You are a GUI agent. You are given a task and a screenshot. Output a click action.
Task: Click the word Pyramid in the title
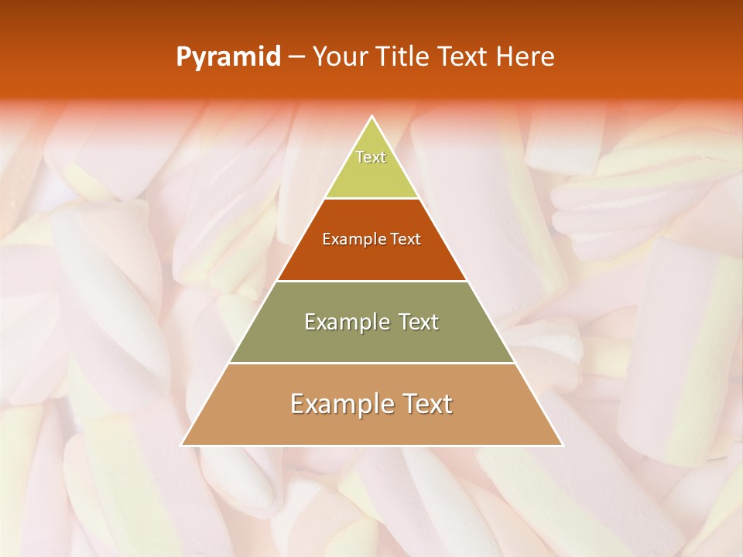(228, 57)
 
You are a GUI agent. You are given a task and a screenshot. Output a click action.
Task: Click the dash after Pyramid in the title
(296, 57)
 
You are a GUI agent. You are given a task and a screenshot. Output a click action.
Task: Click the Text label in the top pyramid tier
(371, 157)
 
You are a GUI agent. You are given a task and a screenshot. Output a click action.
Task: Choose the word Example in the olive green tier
(344, 323)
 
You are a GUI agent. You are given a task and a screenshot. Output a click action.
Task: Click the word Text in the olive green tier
(419, 323)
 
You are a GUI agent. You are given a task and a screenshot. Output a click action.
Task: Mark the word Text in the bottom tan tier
(427, 405)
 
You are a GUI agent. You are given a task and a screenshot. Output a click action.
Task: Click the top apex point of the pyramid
(372, 117)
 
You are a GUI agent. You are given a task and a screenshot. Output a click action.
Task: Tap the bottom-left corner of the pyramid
(182, 446)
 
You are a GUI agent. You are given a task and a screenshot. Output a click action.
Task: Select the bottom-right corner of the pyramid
(563, 446)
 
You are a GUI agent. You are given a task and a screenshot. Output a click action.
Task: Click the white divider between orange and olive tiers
(372, 281)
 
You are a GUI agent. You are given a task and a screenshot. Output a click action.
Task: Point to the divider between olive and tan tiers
(372, 364)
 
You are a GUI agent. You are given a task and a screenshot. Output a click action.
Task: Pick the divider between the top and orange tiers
(372, 199)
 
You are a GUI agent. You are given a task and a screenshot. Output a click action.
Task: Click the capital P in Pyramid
(183, 56)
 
